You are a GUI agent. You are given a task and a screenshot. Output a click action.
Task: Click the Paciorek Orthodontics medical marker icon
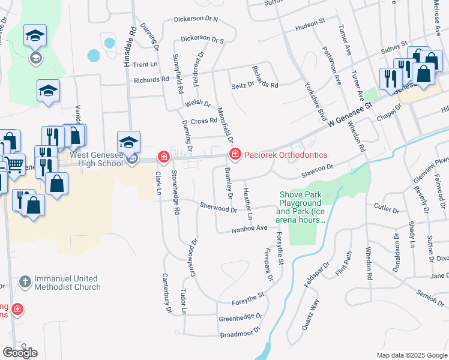point(235,155)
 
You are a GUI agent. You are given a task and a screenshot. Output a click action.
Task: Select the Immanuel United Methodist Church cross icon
point(25,281)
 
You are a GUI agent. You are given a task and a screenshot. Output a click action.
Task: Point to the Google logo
point(20,353)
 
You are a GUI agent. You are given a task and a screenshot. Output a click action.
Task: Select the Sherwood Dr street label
point(218,207)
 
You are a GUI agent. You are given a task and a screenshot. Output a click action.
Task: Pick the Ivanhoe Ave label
point(250,229)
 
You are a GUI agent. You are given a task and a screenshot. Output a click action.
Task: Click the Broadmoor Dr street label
point(240,332)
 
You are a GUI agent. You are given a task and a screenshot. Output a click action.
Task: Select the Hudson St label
point(310,23)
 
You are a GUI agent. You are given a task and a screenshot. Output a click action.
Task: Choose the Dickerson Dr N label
point(196,19)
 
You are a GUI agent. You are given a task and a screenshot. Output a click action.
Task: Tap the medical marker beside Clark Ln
point(163,157)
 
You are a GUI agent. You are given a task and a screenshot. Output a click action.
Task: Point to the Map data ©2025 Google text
point(412,355)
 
